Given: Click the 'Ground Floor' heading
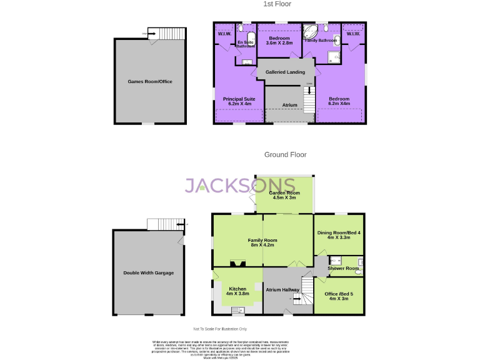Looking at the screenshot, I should coord(285,154).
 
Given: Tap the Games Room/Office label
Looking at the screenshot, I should coord(149,82).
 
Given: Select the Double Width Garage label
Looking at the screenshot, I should coord(149,273).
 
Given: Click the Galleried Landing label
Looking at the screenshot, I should coord(285,72).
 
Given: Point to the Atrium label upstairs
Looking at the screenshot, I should coord(290,105).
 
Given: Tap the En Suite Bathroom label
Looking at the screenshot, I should coord(245,44).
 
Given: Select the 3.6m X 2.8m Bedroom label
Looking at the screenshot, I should coord(279,41).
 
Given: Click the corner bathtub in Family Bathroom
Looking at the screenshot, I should coord(310,32).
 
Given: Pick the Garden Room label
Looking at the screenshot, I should coord(284,195).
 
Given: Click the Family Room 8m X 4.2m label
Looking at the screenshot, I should coord(262,243).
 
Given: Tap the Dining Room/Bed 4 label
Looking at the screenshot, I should coord(338,236).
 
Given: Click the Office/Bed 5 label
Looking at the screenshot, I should coord(338,296).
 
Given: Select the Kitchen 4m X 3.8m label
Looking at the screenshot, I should coord(237,291).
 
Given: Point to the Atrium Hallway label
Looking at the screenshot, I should coord(281,290).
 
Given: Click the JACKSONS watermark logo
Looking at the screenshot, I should coord(240,185).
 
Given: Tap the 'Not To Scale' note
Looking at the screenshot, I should coord(220,329).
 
